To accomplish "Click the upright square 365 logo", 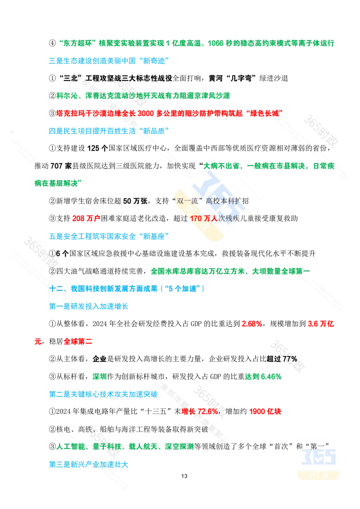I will (318, 458).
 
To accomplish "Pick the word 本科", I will (227, 201).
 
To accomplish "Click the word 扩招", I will (243, 201).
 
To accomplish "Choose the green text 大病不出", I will (220, 166).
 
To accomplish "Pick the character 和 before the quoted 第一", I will (299, 446).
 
